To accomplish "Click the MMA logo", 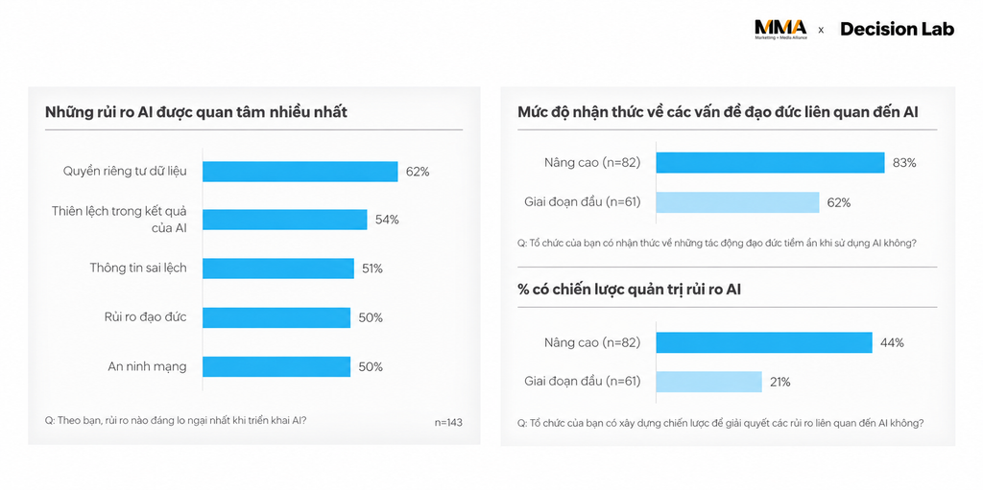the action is [780, 30].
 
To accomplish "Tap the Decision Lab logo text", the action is [898, 29].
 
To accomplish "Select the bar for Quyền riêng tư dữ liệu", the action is [300, 172].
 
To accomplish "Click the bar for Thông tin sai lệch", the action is [277, 268].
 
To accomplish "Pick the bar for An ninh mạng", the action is [276, 366].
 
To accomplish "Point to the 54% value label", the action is [387, 220].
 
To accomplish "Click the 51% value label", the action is [372, 268].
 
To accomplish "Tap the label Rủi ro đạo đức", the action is [146, 317].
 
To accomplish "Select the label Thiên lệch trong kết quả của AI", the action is [119, 219].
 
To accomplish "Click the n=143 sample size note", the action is [448, 422].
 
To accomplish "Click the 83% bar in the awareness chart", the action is [770, 162].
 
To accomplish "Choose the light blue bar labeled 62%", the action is [737, 202].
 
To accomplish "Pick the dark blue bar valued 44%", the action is [764, 342].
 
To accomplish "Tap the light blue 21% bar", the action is [709, 382].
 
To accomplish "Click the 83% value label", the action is [904, 163].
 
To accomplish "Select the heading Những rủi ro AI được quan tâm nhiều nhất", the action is [196, 113].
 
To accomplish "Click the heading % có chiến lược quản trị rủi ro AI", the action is [630, 291].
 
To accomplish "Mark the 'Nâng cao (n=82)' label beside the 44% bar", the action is [592, 342].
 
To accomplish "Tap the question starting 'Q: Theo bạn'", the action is [176, 420].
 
